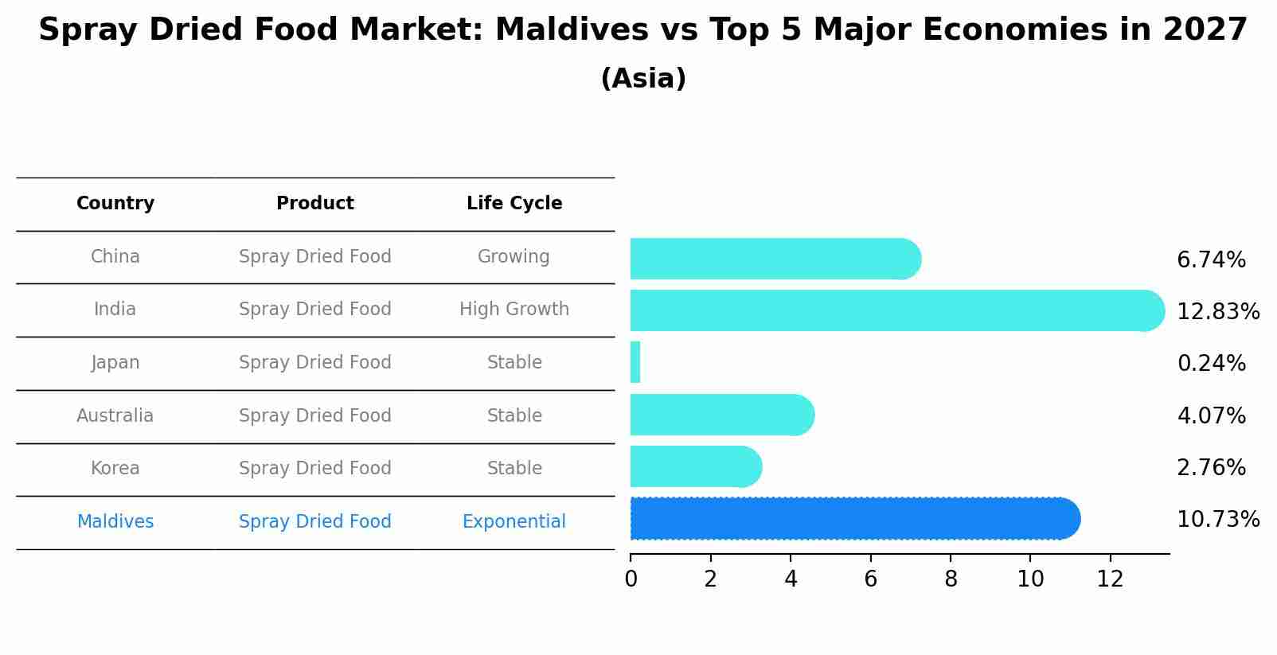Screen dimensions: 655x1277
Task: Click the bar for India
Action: click(x=892, y=310)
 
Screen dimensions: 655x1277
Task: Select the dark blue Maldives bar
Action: click(x=852, y=519)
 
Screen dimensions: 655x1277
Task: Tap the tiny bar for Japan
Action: click(x=635, y=362)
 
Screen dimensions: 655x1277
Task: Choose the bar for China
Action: click(x=772, y=259)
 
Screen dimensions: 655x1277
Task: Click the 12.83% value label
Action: click(x=1217, y=311)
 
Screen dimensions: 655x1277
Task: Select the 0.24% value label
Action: click(x=1211, y=363)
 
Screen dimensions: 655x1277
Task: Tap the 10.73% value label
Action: click(x=1217, y=519)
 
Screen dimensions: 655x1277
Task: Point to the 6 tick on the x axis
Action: click(x=870, y=579)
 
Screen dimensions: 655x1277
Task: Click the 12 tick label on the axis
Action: click(x=1110, y=579)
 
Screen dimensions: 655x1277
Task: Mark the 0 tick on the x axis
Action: click(x=631, y=579)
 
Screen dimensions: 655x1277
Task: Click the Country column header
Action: click(x=115, y=203)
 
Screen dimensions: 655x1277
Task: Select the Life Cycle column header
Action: click(x=514, y=203)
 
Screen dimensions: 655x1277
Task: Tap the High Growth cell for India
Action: click(x=514, y=309)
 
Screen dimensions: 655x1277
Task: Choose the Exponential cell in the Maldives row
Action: click(x=514, y=521)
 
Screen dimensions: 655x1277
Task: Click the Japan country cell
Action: click(x=115, y=362)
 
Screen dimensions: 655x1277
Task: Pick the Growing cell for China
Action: click(x=514, y=256)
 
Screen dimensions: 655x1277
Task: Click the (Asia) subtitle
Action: click(x=643, y=79)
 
